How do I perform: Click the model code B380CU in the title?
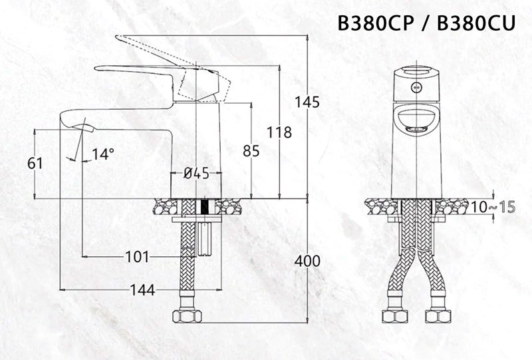click(477, 25)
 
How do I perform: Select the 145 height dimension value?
click(307, 102)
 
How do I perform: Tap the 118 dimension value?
click(279, 132)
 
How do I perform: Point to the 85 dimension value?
click(251, 152)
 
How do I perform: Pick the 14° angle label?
click(103, 154)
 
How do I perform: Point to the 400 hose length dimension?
click(307, 261)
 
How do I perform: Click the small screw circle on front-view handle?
click(418, 87)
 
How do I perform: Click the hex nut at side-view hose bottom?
click(188, 315)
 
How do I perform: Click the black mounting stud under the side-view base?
click(204, 207)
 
